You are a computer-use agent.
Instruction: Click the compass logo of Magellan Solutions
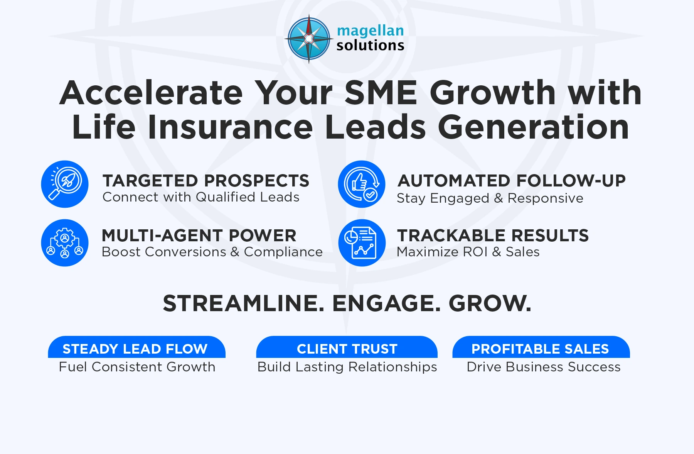point(308,39)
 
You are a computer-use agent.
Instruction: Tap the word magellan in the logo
point(370,31)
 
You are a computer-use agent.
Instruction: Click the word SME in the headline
point(381,93)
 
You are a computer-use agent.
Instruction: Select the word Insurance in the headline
point(230,127)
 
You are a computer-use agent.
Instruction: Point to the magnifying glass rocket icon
point(65,184)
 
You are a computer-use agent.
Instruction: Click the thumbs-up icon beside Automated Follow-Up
point(362,184)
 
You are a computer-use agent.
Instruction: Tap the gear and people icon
point(65,243)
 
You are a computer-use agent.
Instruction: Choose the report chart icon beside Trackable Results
point(362,243)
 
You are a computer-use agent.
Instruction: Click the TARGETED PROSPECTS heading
point(206,181)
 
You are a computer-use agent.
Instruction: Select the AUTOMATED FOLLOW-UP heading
point(511,181)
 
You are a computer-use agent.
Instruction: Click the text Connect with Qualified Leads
point(201,197)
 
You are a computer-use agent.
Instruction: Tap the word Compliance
point(283,252)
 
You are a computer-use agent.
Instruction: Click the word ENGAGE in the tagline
point(386,303)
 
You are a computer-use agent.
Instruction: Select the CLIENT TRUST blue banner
point(347,348)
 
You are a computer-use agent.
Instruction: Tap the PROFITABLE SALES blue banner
point(541,348)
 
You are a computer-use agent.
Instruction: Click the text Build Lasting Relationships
point(347,367)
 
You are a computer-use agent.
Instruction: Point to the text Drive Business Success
point(544,367)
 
